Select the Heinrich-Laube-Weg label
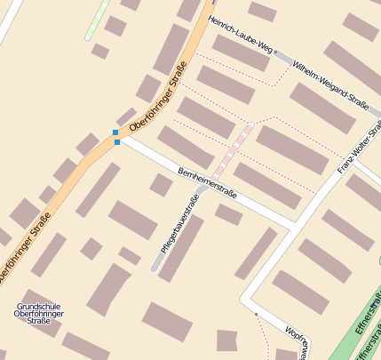click(x=240, y=35)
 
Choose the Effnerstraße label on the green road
click(x=368, y=316)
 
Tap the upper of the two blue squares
click(x=115, y=132)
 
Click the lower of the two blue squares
click(x=117, y=142)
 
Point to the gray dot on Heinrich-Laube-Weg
click(x=276, y=52)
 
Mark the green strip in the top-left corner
click(x=97, y=20)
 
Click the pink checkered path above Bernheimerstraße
click(x=232, y=149)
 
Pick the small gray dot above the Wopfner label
click(x=255, y=314)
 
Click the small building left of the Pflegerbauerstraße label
click(x=161, y=185)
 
